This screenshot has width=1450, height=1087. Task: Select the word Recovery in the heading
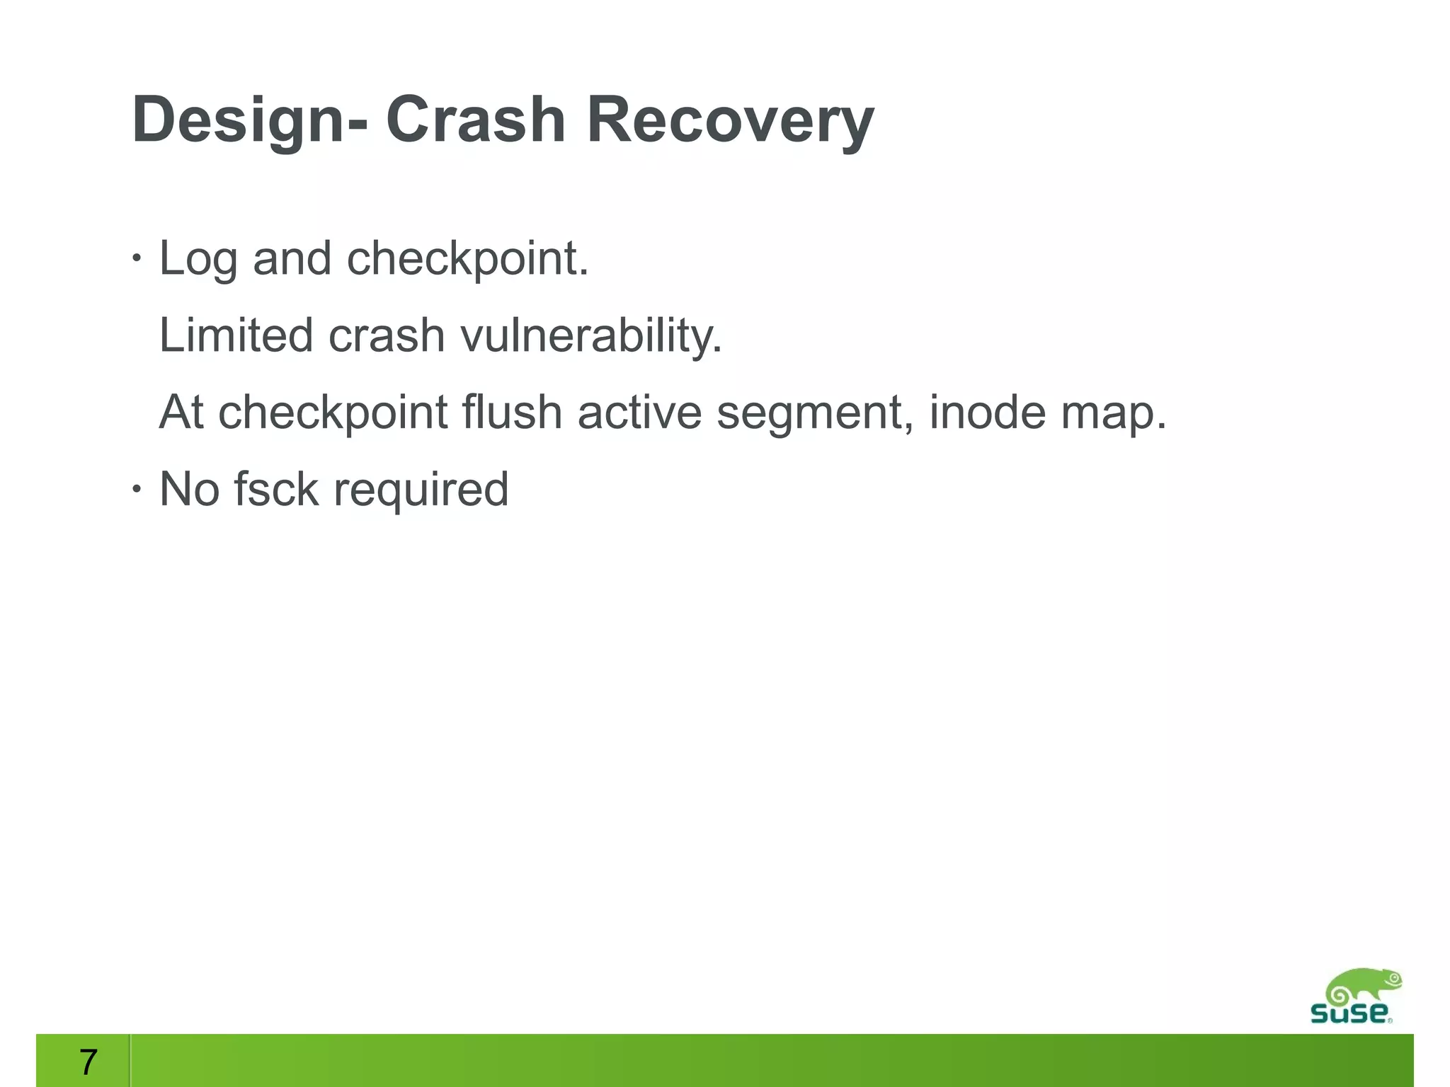[730, 120]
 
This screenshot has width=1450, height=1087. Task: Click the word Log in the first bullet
[198, 259]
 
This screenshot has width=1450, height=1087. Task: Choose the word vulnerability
[591, 335]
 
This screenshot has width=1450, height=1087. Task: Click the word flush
[512, 412]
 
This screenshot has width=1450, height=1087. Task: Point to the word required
[421, 490]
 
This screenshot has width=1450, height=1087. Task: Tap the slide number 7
[88, 1062]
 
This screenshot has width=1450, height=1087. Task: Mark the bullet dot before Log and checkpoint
[137, 259]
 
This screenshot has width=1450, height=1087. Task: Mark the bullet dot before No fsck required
[137, 489]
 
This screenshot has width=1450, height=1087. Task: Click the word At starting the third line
[181, 412]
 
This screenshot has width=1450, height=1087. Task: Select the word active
[639, 412]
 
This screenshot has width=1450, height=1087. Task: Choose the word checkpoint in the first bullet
[467, 259]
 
